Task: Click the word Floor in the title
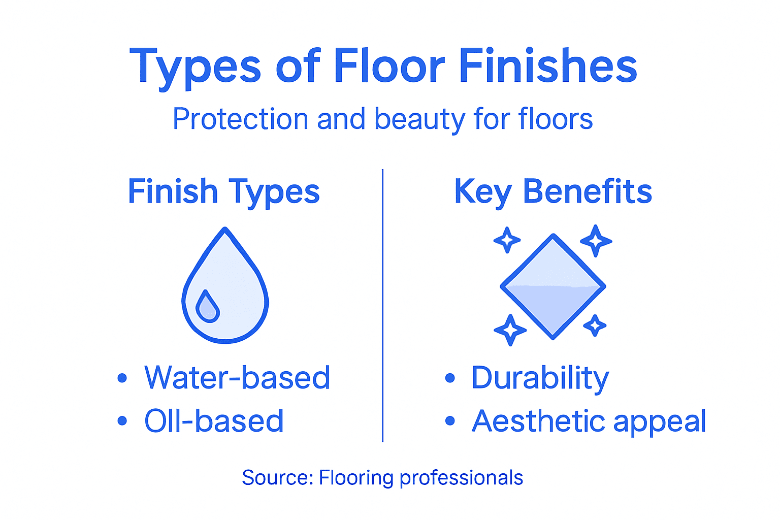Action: (x=389, y=66)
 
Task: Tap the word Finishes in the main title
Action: (x=548, y=66)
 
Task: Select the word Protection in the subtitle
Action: (x=240, y=119)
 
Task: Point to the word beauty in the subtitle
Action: (x=419, y=119)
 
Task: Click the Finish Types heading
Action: (x=223, y=192)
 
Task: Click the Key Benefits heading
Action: (x=553, y=192)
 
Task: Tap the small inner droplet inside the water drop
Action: (x=207, y=307)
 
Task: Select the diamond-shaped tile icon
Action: (x=553, y=286)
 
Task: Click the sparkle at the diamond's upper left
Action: (x=507, y=240)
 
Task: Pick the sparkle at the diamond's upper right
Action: (x=596, y=241)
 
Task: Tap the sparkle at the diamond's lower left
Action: (x=510, y=330)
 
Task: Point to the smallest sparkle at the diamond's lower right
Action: (x=595, y=325)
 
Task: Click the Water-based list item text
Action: (x=237, y=378)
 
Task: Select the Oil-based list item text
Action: (x=214, y=421)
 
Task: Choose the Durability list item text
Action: (x=540, y=378)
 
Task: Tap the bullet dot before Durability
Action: (x=449, y=378)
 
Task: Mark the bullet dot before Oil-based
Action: (x=122, y=421)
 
